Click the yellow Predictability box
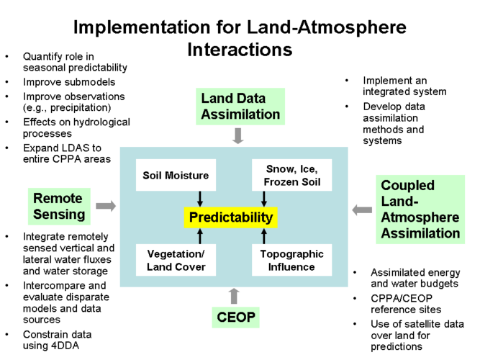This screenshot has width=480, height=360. pyautogui.click(x=230, y=217)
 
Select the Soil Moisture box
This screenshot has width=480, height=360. pyautogui.click(x=176, y=175)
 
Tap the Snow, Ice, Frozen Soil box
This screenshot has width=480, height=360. pyautogui.click(x=291, y=175)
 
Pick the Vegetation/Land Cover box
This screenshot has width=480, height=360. pyautogui.click(x=176, y=260)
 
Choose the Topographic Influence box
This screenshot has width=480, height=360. pyautogui.click(x=291, y=260)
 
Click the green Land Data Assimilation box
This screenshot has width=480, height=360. pyautogui.click(x=240, y=107)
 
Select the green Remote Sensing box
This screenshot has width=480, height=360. pyautogui.click(x=59, y=207)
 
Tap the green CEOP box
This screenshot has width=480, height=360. pyautogui.click(x=236, y=318)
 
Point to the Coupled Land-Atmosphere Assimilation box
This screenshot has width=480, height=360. pyautogui.click(x=420, y=210)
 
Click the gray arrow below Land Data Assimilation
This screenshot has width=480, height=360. pyautogui.click(x=238, y=136)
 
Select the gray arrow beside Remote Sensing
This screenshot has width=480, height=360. pyautogui.click(x=106, y=206)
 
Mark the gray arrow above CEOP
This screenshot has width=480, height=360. pyautogui.click(x=234, y=296)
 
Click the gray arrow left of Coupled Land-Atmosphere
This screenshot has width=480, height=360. pyautogui.click(x=362, y=210)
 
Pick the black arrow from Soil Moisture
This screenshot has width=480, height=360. pyautogui.click(x=200, y=199)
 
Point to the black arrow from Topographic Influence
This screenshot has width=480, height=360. pyautogui.click(x=264, y=236)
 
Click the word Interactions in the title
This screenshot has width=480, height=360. pyautogui.click(x=240, y=50)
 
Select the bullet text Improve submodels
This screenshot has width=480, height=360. pyautogui.click(x=69, y=82)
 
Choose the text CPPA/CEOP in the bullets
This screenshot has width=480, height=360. pyautogui.click(x=402, y=298)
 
